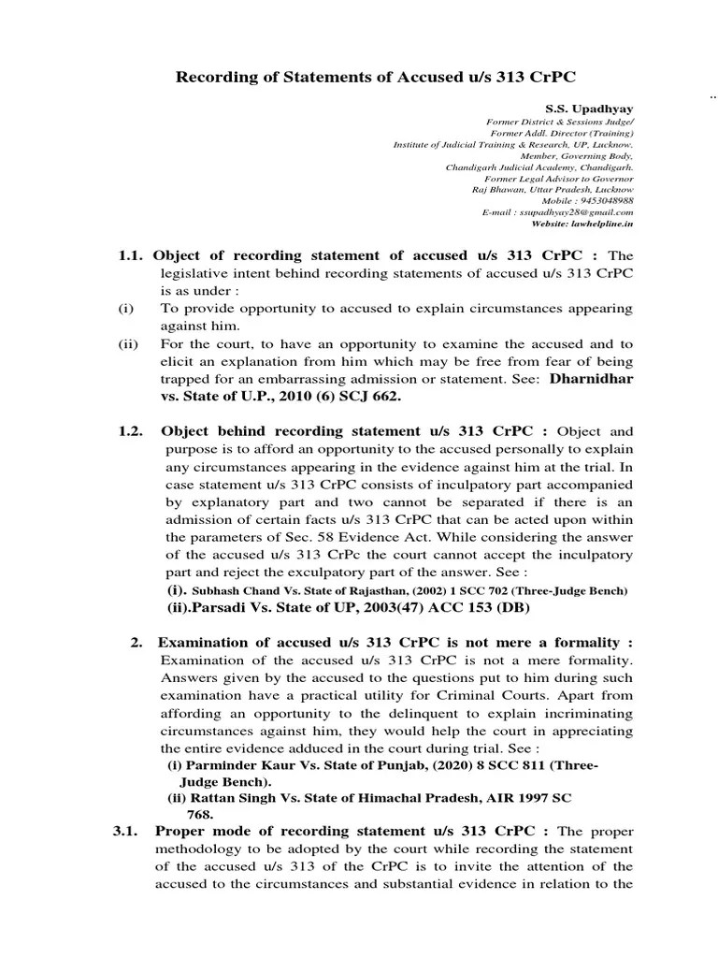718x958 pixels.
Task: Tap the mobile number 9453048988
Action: click(x=607, y=200)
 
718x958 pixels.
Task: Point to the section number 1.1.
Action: click(x=132, y=255)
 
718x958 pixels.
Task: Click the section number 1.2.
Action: click(x=132, y=431)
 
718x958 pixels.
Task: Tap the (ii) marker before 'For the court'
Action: click(x=127, y=344)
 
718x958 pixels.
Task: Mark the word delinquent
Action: click(x=348, y=713)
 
